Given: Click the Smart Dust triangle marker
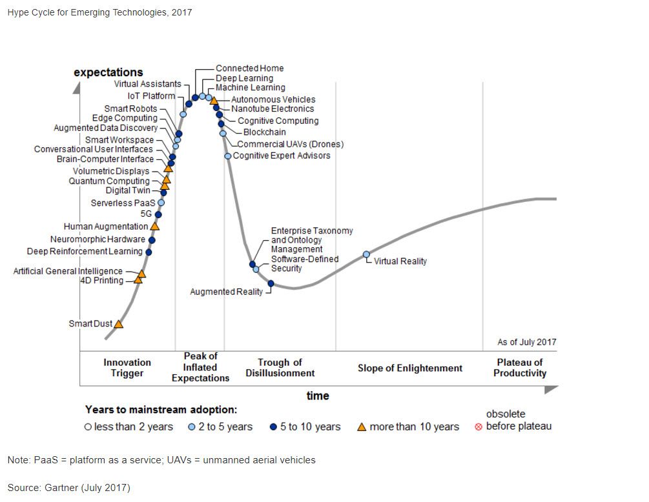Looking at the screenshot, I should (x=119, y=323).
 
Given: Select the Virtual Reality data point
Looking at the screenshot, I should (x=366, y=255).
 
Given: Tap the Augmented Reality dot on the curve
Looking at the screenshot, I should (x=271, y=283).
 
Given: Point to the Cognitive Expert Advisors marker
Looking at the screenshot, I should (x=228, y=156).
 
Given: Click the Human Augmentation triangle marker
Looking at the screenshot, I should (x=154, y=226).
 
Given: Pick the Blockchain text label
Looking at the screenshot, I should (x=264, y=132).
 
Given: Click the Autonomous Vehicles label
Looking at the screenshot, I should (x=273, y=99).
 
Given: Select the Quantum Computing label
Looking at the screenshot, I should (x=109, y=181).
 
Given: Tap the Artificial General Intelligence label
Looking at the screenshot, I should (x=68, y=271).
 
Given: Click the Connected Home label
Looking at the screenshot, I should (x=249, y=68).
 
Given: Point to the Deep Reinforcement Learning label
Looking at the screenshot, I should (x=85, y=252).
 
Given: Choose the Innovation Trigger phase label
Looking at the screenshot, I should (x=127, y=368).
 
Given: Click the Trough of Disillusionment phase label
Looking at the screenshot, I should (x=280, y=368).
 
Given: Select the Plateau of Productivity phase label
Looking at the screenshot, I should (x=520, y=368).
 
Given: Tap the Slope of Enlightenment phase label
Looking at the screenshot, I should (x=410, y=368).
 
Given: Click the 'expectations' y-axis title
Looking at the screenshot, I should (x=108, y=72).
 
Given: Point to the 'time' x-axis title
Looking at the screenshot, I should (x=318, y=396).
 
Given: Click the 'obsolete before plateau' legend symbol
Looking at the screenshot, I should (x=479, y=427).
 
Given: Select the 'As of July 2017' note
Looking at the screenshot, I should (x=526, y=342).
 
